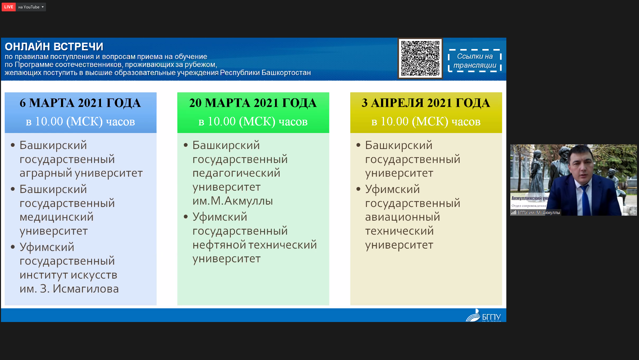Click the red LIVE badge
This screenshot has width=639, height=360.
pyautogui.click(x=9, y=7)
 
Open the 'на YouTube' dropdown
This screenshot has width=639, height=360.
pyautogui.click(x=31, y=7)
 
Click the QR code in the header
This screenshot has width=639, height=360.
pyautogui.click(x=420, y=58)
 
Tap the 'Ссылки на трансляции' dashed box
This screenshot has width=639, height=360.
pyautogui.click(x=475, y=61)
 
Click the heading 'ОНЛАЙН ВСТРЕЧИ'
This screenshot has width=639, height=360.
pyautogui.click(x=54, y=47)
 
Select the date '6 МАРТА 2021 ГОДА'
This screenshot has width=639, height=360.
pyautogui.click(x=80, y=103)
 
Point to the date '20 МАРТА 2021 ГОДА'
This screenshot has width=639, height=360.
pyautogui.click(x=253, y=103)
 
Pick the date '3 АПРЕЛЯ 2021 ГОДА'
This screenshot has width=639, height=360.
pyautogui.click(x=426, y=103)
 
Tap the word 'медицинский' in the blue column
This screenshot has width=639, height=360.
pyautogui.click(x=57, y=217)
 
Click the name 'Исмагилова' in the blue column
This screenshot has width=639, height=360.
pyautogui.click(x=86, y=289)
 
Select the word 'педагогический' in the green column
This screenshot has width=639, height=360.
pyautogui.click(x=236, y=173)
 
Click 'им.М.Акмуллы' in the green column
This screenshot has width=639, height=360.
pyautogui.click(x=233, y=201)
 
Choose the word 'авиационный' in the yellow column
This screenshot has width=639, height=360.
pyautogui.click(x=403, y=217)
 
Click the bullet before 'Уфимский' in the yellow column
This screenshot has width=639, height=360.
pyautogui.click(x=358, y=189)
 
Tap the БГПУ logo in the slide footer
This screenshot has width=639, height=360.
pyautogui.click(x=483, y=315)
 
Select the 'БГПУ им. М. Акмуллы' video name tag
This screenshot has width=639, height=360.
pyautogui.click(x=536, y=212)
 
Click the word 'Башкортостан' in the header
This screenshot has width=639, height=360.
pyautogui.click(x=286, y=73)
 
